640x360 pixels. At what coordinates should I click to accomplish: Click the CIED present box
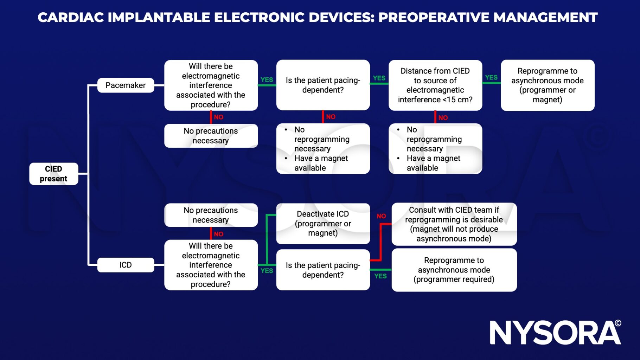[53, 174]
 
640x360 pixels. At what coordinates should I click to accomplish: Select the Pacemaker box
[126, 85]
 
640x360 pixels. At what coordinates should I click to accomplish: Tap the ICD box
[126, 265]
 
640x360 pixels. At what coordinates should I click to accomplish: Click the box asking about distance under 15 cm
[435, 85]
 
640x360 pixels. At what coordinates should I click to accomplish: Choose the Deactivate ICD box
[323, 224]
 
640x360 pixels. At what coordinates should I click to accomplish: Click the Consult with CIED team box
[454, 224]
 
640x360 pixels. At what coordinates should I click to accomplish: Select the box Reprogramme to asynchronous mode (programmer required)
[454, 270]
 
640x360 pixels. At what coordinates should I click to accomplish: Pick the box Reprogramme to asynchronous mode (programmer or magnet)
[547, 85]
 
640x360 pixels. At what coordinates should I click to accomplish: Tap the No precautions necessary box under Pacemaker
[211, 136]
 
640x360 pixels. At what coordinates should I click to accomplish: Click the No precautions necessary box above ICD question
[211, 215]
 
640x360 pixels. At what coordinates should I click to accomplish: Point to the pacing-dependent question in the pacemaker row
[323, 85]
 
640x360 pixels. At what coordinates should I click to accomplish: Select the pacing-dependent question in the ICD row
[323, 270]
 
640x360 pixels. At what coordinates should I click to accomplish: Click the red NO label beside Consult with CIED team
[381, 216]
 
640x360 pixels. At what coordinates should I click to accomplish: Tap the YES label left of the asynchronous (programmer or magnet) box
[491, 77]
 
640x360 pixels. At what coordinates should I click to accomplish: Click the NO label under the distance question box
[443, 118]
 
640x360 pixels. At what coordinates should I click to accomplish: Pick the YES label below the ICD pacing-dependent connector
[380, 276]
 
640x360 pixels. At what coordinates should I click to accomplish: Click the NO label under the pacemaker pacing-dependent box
[331, 117]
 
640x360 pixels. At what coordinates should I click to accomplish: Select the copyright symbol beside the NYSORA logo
[618, 323]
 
